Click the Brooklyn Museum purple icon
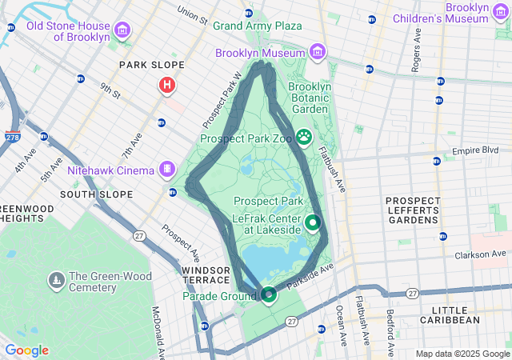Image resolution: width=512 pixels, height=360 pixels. coord(318,53)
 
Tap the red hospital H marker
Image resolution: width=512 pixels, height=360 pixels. coord(167,85)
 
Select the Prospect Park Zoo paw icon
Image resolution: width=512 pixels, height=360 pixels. coord(304,137)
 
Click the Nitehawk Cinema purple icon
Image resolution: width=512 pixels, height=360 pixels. coord(166,170)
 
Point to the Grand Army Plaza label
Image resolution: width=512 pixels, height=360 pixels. coord(257,26)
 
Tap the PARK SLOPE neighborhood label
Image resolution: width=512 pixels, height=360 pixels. coord(151,65)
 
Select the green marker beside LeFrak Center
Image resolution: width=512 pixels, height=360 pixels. coord(313,223)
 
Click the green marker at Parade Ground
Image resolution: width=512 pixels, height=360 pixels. coord(269,295)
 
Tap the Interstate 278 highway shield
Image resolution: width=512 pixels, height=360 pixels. coord(12,138)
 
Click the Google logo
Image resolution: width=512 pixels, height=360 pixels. coord(26,350)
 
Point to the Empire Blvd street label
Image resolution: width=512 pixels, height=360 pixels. coord(475,150)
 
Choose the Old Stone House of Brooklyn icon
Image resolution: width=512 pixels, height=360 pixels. coord(122,31)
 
